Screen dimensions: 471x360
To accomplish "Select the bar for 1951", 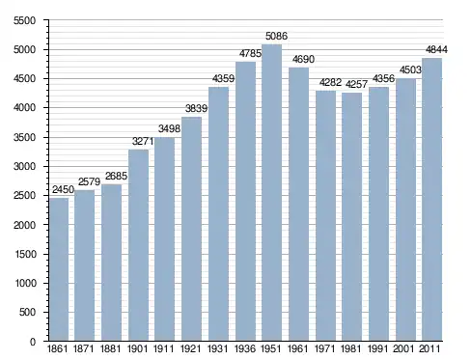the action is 272,192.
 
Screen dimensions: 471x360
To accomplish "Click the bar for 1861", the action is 59,269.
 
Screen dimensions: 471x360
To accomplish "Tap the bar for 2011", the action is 431,200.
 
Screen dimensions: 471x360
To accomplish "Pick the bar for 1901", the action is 139,245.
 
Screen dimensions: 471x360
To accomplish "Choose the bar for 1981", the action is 352,217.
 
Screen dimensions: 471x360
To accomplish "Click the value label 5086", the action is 276,36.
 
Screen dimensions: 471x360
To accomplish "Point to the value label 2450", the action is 63,189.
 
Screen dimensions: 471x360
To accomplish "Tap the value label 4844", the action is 436,49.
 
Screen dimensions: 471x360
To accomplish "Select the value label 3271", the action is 143,141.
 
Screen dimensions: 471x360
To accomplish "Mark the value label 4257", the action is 356,84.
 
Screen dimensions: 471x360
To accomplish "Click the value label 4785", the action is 250,53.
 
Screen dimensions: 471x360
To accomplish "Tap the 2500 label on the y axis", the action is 25,196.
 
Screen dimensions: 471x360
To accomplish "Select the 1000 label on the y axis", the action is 25,283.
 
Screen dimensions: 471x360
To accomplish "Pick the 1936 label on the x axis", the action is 245,348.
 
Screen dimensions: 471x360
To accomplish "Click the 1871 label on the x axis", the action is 84,348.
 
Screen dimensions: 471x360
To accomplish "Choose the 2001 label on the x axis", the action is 404,348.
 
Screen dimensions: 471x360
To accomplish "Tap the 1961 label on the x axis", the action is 298,348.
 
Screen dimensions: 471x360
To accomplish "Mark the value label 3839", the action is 196,108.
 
